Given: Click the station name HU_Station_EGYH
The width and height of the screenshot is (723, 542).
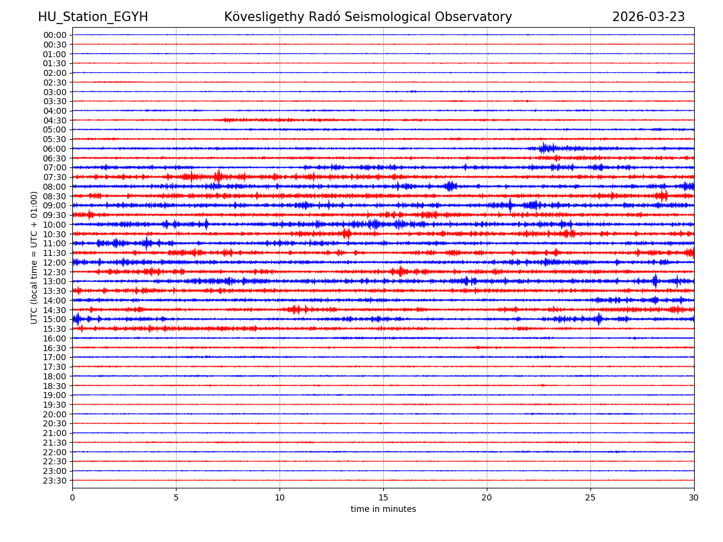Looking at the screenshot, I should coord(93,17).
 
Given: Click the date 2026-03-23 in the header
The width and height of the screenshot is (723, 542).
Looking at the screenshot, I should coord(648,17).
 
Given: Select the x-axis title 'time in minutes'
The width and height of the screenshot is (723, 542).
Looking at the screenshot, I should coord(383,509).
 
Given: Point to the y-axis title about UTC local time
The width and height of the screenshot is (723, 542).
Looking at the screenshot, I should coord(34,257).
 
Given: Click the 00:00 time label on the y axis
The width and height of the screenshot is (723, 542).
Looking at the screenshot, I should coord(54,35).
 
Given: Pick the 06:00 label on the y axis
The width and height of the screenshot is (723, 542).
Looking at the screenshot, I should coord(54,149).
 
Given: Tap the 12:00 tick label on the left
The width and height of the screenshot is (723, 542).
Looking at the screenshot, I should coord(54,263).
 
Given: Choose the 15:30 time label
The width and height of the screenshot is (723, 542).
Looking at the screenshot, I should coord(54,329).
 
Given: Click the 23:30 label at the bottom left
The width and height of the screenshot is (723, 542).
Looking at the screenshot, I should coord(54,481).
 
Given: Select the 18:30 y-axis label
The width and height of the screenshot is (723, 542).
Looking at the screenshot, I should coord(54,385).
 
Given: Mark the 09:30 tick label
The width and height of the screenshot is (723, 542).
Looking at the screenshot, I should coord(54,215).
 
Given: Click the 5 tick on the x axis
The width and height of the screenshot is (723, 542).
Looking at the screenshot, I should coord(176,498).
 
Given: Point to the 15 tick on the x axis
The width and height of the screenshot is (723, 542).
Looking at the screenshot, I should coord(383,498).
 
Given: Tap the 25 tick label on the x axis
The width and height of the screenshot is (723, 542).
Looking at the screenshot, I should coord(590,498).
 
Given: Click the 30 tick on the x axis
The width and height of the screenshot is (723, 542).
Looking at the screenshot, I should coord(694,498).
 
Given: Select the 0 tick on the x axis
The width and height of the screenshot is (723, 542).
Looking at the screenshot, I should coord(72,498).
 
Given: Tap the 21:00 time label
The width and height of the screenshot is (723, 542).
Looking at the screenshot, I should coord(54,433).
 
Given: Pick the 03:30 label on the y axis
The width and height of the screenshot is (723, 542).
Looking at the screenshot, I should coord(54,101).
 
